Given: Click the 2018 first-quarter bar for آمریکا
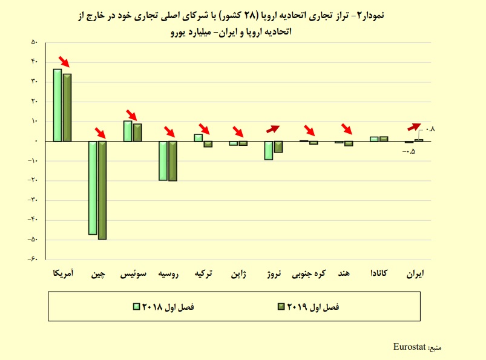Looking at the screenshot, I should [x=57, y=105].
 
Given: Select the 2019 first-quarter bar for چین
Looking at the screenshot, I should [x=102, y=190].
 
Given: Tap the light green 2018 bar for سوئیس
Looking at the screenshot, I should [x=128, y=131].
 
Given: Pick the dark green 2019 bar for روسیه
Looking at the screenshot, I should [x=172, y=161].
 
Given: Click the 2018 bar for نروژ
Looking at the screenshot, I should [x=269, y=150].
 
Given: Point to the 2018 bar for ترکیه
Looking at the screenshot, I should [x=198, y=137].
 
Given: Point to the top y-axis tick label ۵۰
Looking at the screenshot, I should [x=34, y=42].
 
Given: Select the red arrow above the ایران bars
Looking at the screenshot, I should [x=415, y=126].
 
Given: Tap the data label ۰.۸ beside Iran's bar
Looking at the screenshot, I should [x=431, y=129].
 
